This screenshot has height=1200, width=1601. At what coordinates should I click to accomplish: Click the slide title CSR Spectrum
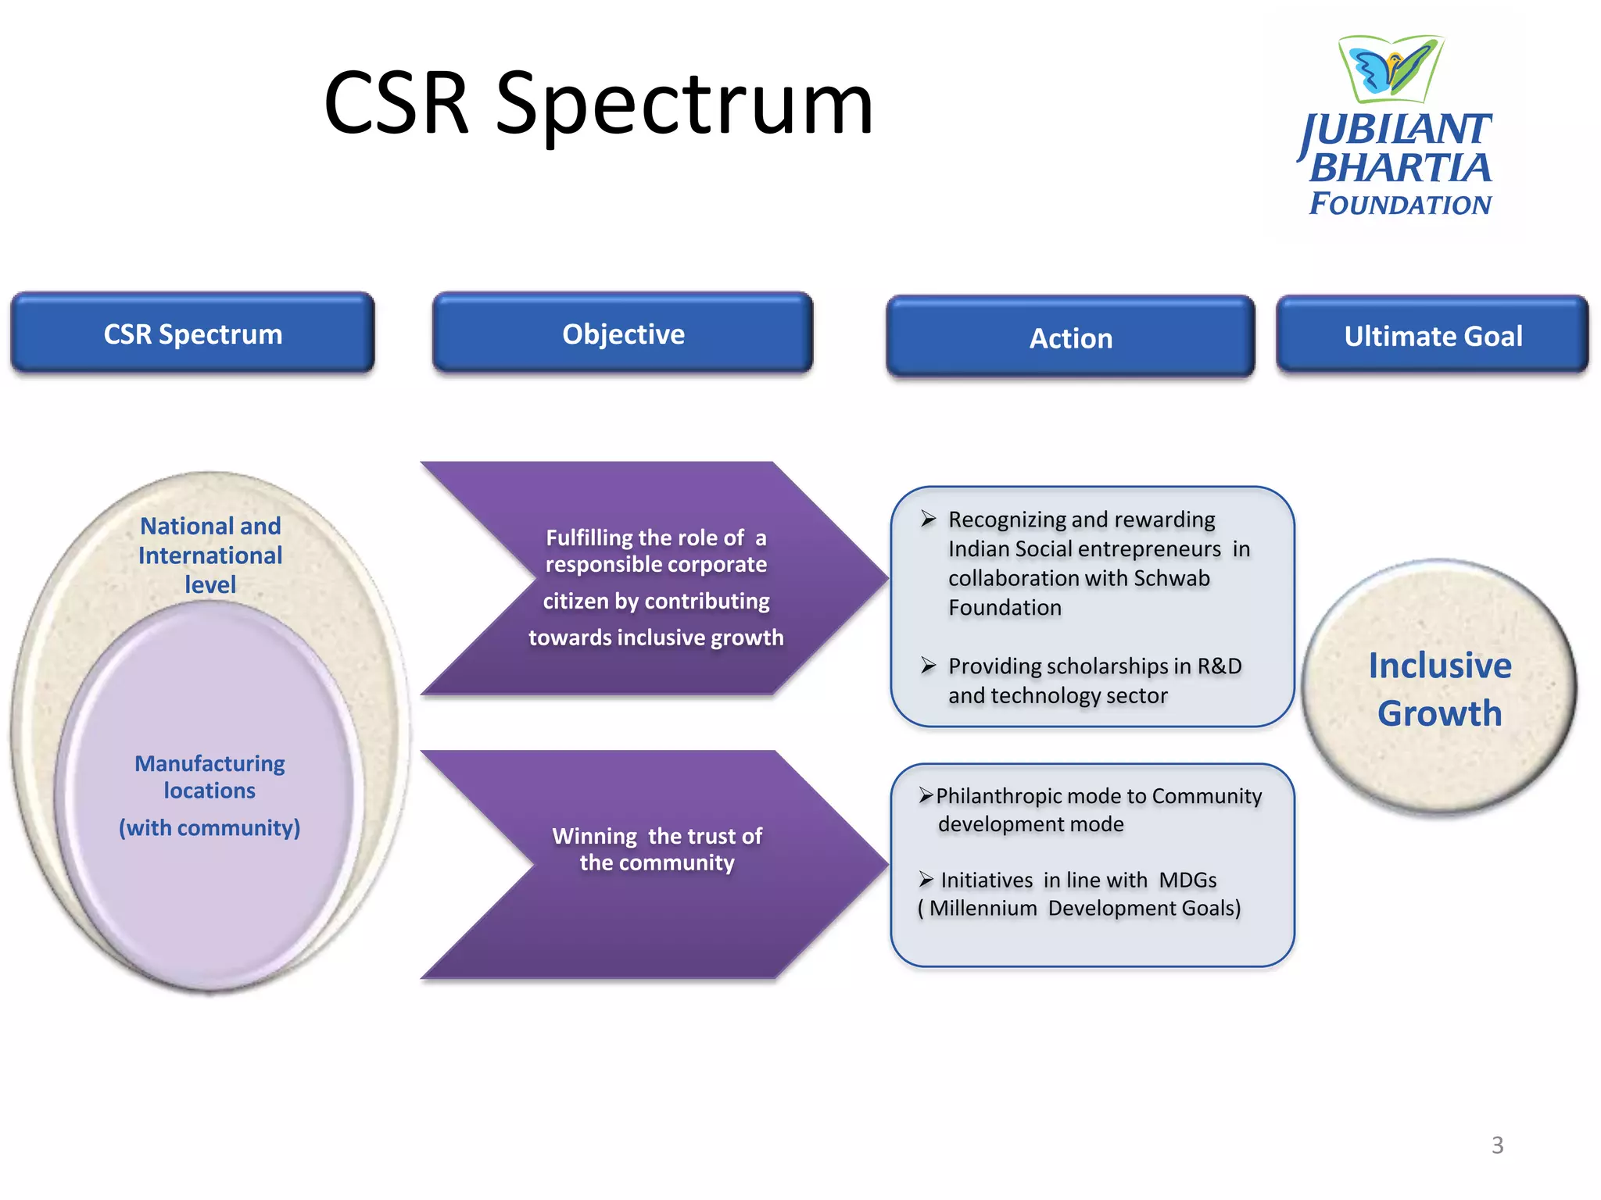click(598, 104)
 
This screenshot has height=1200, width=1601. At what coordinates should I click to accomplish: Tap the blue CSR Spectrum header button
click(192, 334)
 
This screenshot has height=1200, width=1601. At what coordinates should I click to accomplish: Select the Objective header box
click(623, 334)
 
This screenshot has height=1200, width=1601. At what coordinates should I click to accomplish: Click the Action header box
click(1070, 337)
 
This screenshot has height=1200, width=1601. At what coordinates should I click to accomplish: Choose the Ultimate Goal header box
click(1432, 336)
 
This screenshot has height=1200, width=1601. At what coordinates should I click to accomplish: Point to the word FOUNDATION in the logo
click(1400, 204)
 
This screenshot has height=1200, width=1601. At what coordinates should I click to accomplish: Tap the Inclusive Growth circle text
click(1439, 688)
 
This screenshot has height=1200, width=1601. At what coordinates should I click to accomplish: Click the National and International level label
click(210, 555)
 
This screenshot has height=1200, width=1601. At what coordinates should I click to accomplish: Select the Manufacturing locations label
click(210, 777)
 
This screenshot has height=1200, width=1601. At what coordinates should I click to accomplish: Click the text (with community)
click(210, 827)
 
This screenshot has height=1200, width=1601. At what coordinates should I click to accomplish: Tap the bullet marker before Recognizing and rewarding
click(928, 520)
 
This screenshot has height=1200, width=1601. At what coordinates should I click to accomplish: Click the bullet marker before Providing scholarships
click(928, 666)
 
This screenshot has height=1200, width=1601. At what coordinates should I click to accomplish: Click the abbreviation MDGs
click(1187, 880)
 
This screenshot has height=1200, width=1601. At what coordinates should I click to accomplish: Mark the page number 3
click(1497, 1145)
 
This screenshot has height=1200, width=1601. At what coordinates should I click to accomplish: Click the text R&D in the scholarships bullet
click(1220, 666)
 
